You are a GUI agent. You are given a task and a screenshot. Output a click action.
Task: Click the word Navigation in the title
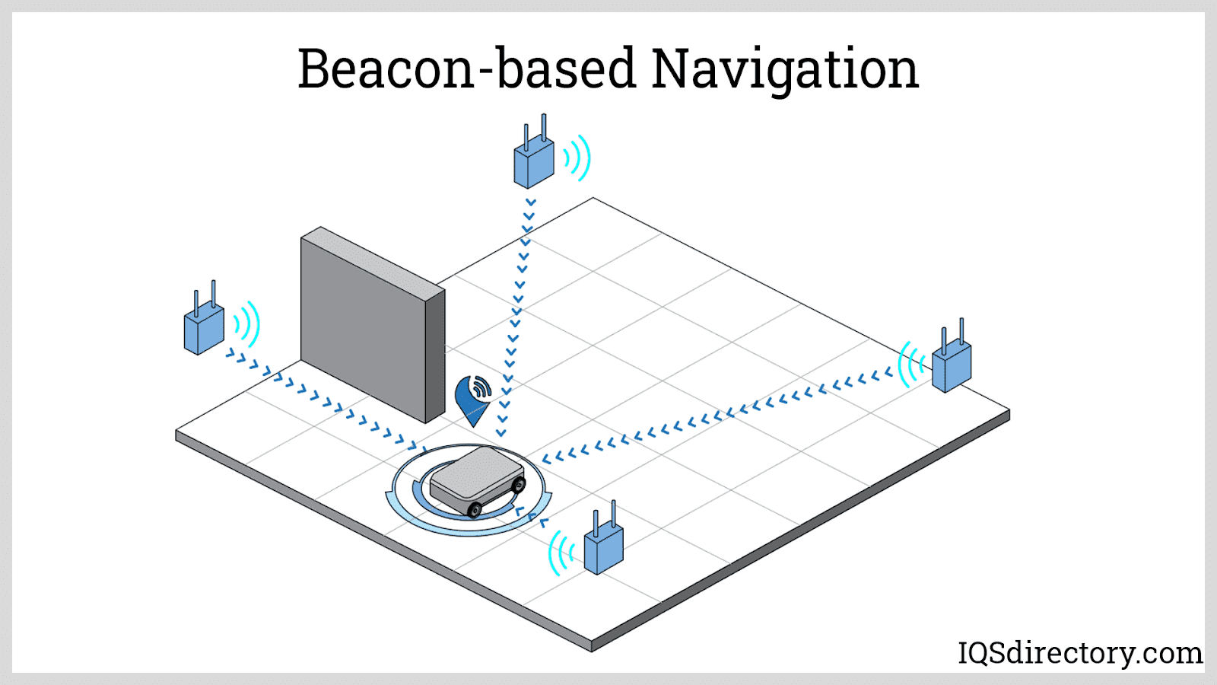(785, 70)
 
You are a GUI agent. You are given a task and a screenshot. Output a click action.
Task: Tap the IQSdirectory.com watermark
(1079, 653)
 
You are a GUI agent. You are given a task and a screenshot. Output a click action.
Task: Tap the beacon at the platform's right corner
(952, 366)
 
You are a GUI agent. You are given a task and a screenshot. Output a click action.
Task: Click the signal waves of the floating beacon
(577, 158)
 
